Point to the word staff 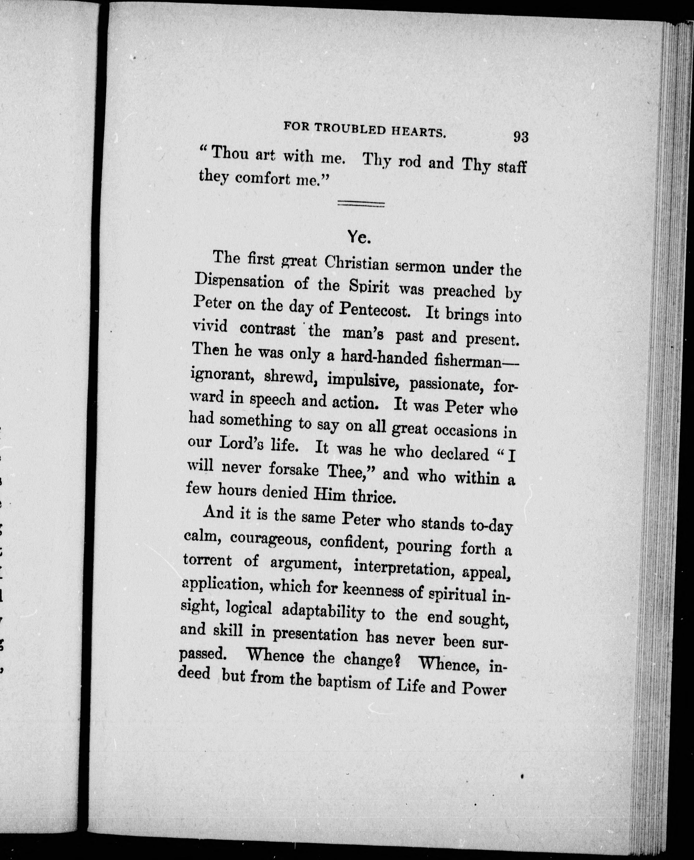pyautogui.click(x=512, y=166)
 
